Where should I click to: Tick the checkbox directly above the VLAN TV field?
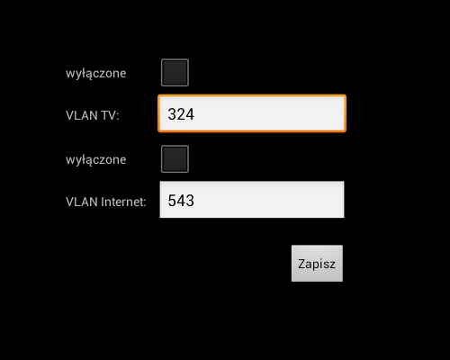point(175,73)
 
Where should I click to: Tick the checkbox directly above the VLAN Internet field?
point(175,159)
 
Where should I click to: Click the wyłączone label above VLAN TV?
point(96,74)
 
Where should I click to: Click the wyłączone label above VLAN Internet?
point(96,160)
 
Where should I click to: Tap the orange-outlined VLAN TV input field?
point(252,113)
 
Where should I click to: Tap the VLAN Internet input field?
point(252,200)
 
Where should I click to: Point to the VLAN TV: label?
point(93,115)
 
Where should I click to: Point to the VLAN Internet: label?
point(106,202)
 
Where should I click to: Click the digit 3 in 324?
point(172,114)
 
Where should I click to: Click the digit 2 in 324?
point(181,114)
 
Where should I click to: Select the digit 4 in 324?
point(190,114)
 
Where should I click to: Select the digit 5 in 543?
point(172,201)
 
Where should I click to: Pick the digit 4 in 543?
point(181,201)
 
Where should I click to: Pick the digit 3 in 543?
point(190,201)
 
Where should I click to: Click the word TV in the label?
point(110,115)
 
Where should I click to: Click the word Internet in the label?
point(123,202)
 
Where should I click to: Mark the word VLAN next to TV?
point(82,115)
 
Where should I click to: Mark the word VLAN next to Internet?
point(82,202)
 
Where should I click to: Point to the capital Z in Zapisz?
point(301,264)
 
